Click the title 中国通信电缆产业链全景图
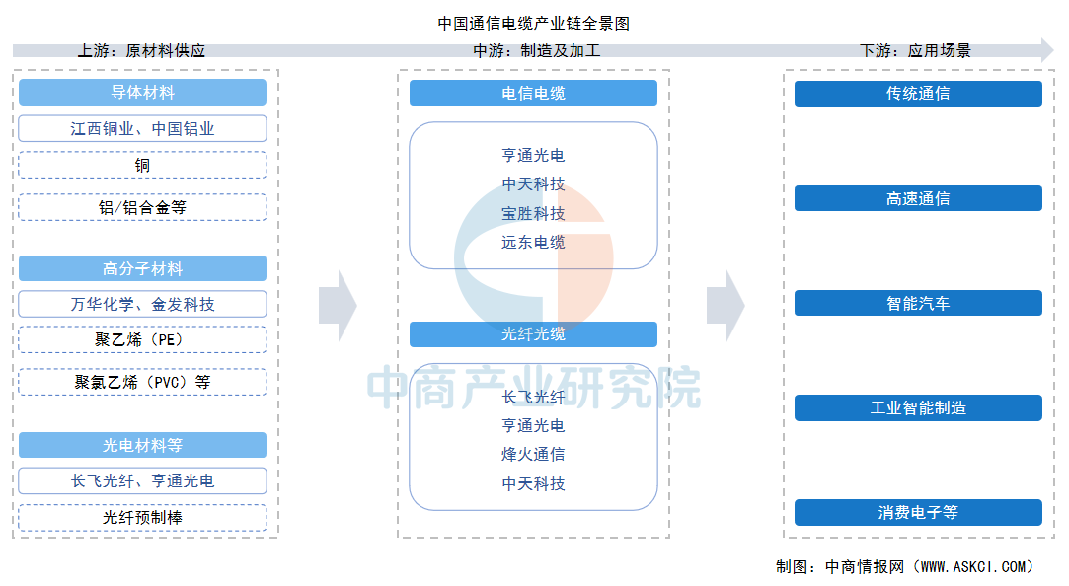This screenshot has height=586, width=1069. point(533,23)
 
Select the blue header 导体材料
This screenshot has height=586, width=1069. point(142,93)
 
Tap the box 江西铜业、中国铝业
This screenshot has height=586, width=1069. point(142,128)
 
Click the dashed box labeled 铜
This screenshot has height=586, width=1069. point(142,165)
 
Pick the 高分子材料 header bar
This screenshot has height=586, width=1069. point(142,268)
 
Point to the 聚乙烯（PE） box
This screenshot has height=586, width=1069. point(142,340)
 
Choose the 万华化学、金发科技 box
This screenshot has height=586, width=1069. point(142,304)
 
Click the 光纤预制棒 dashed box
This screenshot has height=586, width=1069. point(142,517)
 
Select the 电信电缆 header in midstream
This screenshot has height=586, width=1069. point(533,93)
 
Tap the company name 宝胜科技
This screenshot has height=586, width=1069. point(533,213)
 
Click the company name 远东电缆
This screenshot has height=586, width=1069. point(533,242)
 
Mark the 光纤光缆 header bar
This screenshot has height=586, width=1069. point(533,334)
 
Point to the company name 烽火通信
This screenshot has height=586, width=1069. point(533,455)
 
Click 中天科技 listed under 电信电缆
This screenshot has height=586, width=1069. point(533,184)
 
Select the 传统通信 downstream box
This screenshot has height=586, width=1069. point(918,94)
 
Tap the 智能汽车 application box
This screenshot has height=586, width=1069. point(918,303)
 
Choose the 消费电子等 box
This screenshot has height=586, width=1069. point(918,513)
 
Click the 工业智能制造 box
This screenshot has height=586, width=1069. point(918,407)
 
